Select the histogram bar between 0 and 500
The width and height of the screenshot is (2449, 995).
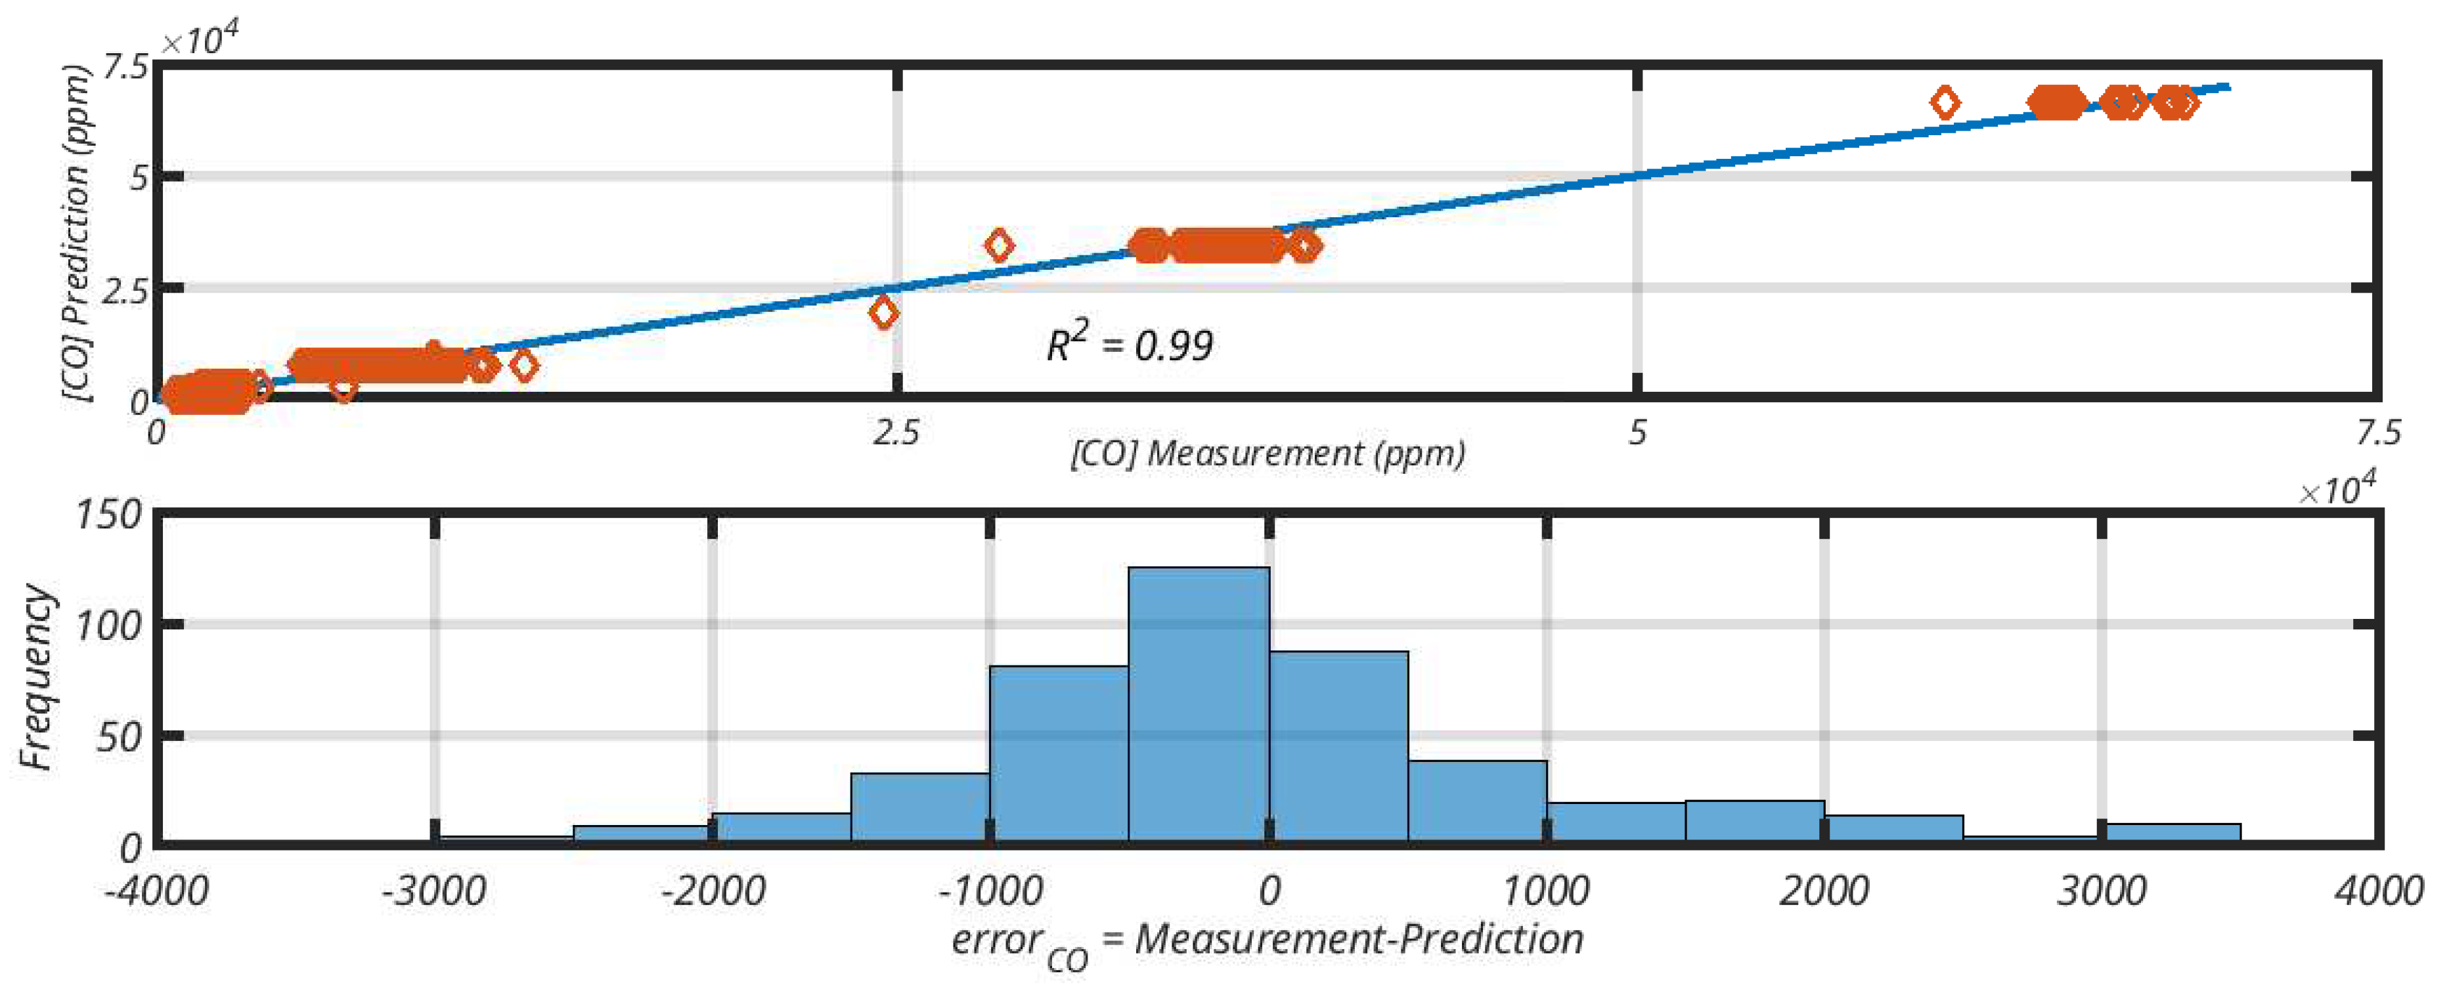coord(1338,747)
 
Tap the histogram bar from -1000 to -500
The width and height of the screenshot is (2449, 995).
coord(1059,753)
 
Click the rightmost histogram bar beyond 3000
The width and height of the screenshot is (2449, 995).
coord(2171,832)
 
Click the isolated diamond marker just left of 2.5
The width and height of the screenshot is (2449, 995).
coord(883,312)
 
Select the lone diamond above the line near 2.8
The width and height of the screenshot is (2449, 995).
coord(998,245)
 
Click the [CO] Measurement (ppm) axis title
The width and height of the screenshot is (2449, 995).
coord(1268,454)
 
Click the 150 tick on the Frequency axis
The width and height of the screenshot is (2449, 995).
coord(108,515)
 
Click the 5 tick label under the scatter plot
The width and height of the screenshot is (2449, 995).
coord(1636,433)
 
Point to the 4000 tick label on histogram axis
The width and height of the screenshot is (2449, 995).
coord(2377,891)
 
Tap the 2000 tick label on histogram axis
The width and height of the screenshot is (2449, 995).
coord(1822,891)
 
